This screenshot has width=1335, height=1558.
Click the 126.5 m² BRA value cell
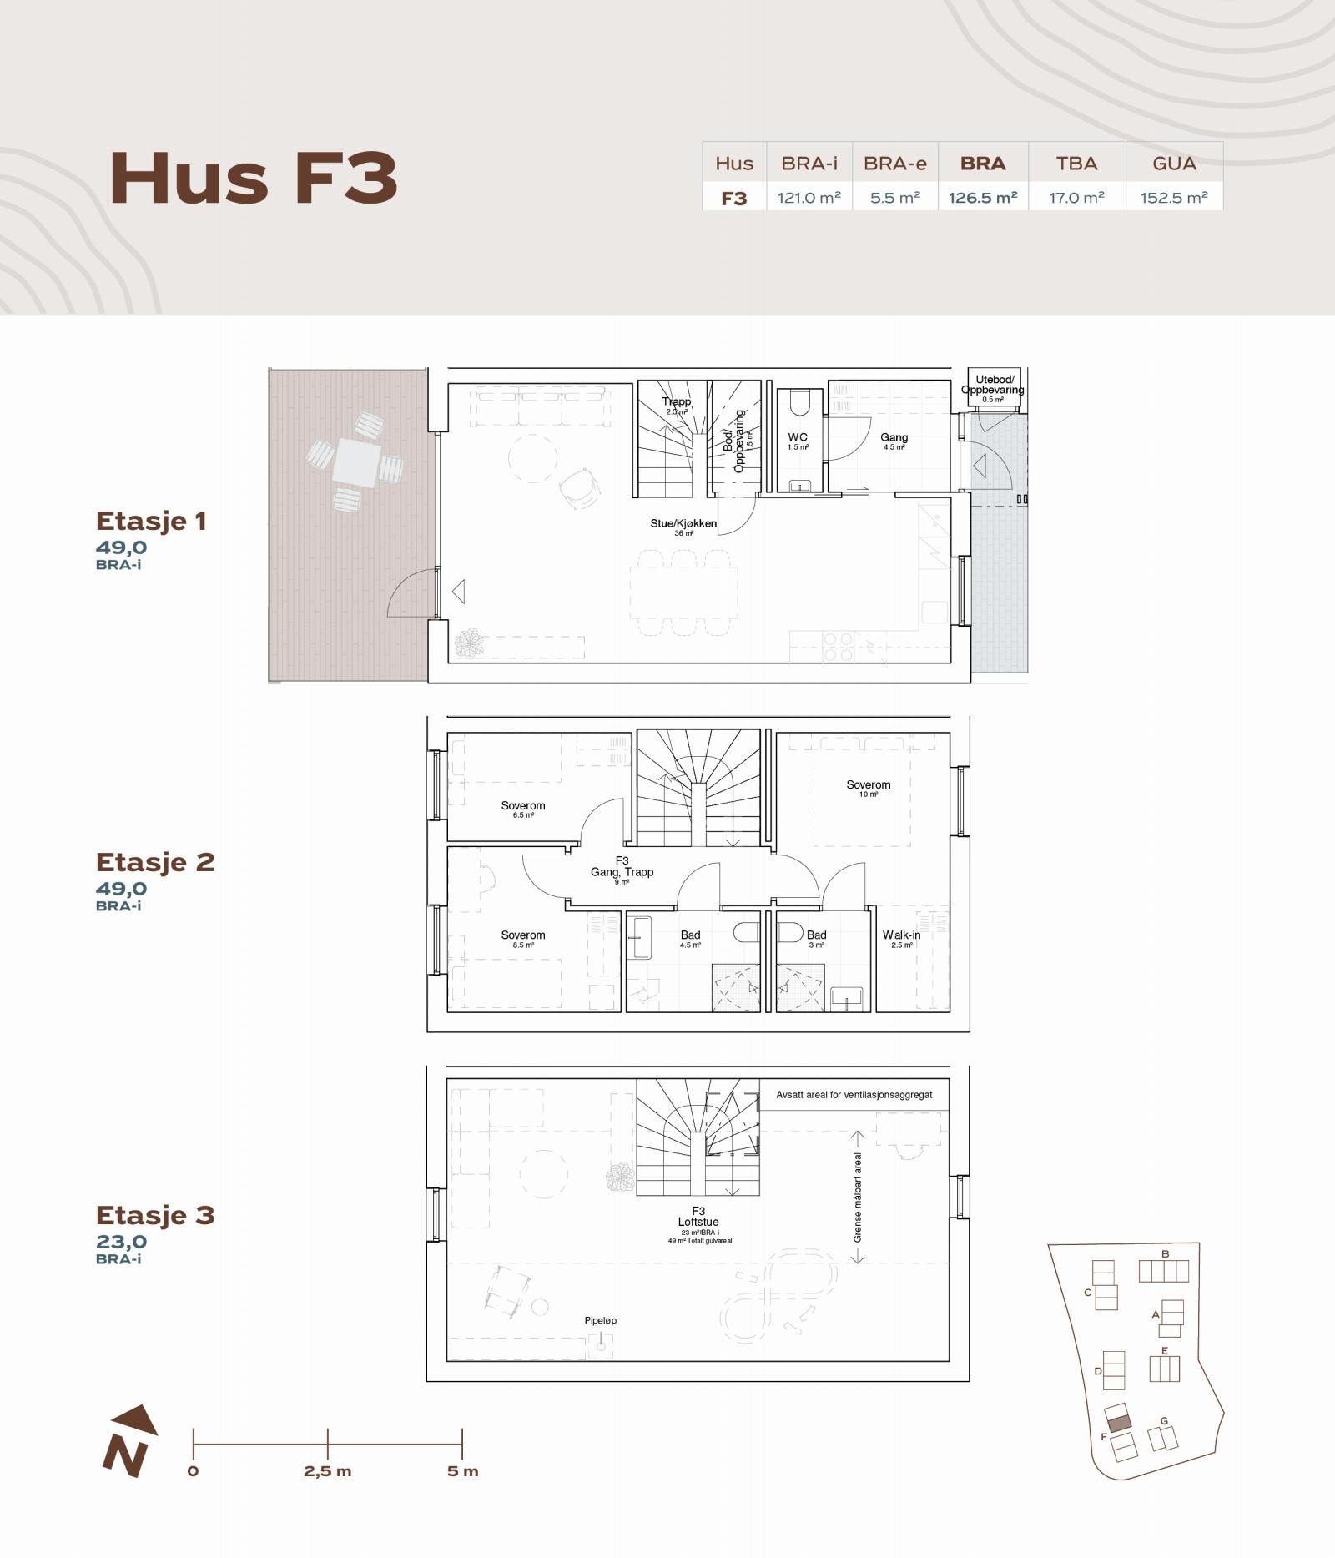pos(983,198)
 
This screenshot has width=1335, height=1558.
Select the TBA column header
pos(1076,164)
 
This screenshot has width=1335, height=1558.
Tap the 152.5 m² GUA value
pos(1174,198)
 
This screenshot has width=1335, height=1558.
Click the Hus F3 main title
pos(254,179)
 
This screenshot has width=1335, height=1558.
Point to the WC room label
pos(798,437)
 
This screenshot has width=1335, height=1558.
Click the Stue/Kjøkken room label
pos(683,524)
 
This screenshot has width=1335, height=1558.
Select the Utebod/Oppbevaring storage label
pos(993,385)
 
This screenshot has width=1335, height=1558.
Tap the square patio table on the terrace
pos(356,462)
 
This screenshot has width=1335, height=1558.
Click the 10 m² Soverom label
pos(868,785)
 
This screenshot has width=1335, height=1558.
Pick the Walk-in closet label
pos(901,935)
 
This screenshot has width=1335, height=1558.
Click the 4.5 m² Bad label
pos(690,935)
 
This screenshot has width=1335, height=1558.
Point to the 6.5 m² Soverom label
pos(523,806)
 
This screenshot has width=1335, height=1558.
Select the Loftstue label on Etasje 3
pos(698,1222)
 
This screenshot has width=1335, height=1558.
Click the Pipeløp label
pos(601,1320)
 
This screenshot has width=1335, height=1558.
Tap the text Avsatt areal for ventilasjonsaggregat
pos(854,1094)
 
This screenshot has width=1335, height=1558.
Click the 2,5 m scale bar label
pos(328,1471)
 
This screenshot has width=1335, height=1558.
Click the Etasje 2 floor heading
pos(155,862)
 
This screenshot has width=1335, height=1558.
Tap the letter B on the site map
pos(1165,1253)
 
